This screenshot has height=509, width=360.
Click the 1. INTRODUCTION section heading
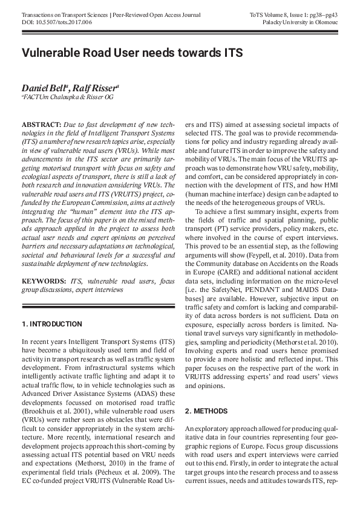[52, 325]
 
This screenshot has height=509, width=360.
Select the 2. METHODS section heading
[206, 411]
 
